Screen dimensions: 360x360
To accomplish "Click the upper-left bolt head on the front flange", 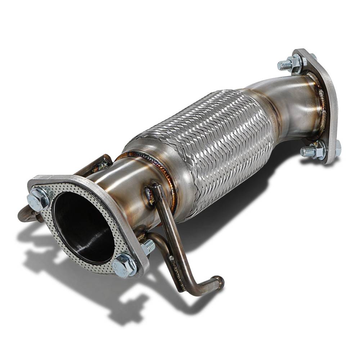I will click(38, 199).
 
